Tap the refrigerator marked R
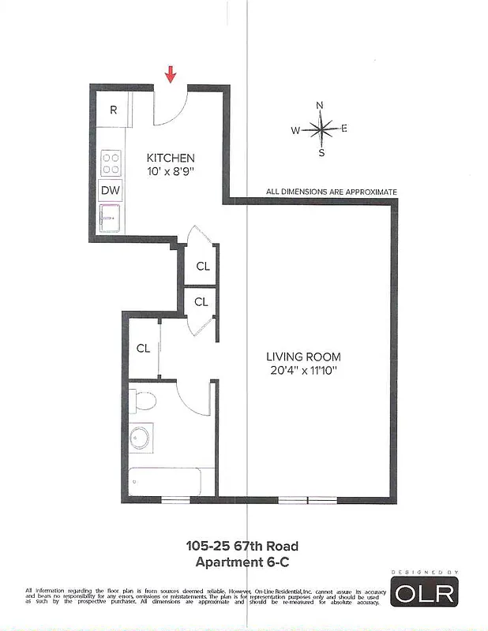pyautogui.click(x=114, y=110)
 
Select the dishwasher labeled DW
pyautogui.click(x=110, y=190)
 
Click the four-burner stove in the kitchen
pyautogui.click(x=111, y=162)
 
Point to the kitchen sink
pyautogui.click(x=109, y=215)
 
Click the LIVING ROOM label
pyautogui.click(x=303, y=357)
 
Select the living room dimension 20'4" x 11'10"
pyautogui.click(x=303, y=371)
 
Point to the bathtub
pyautogui.click(x=167, y=480)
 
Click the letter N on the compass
pyautogui.click(x=320, y=105)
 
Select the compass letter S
pyautogui.click(x=321, y=153)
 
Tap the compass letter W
pyautogui.click(x=295, y=131)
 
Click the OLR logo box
pyautogui.click(x=425, y=592)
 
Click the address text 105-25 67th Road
pyautogui.click(x=242, y=545)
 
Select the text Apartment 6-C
pyautogui.click(x=242, y=562)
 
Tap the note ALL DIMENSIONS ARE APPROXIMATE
pyautogui.click(x=332, y=192)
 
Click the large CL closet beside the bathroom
pyautogui.click(x=144, y=348)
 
